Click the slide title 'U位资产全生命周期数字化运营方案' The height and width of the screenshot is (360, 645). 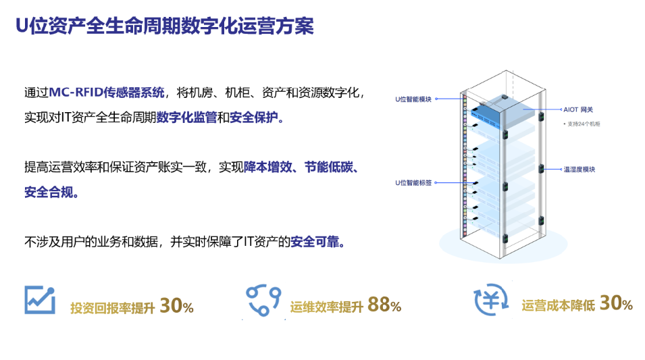(165, 26)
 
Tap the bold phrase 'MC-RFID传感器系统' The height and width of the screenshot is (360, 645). (107, 92)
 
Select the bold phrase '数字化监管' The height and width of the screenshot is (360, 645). (187, 118)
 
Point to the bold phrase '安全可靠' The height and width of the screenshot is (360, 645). (315, 242)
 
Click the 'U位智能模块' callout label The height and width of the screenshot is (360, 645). (413, 99)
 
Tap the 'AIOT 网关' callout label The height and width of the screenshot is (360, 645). (578, 109)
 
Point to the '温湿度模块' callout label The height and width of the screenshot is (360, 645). (579, 169)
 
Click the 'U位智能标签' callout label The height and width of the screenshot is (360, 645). (413, 182)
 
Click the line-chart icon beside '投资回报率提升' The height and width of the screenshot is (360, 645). (39, 300)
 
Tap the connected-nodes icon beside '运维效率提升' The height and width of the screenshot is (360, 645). (263, 301)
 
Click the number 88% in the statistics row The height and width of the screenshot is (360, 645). (384, 305)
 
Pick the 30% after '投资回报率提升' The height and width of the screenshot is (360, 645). (176, 306)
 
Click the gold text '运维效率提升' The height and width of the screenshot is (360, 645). (327, 307)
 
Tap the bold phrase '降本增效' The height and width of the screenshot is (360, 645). (267, 167)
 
